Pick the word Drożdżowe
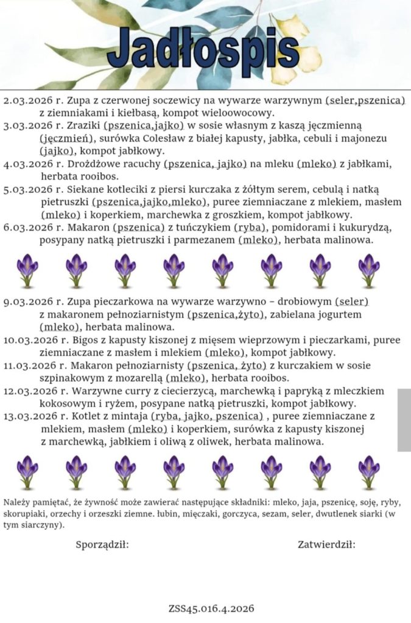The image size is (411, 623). click(99, 164)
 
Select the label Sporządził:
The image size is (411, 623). click(102, 544)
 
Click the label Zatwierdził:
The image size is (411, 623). click(326, 544)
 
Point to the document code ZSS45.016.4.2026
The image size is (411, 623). click(211, 608)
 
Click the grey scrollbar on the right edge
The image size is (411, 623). click(404, 420)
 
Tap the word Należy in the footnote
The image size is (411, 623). click(16, 503)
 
